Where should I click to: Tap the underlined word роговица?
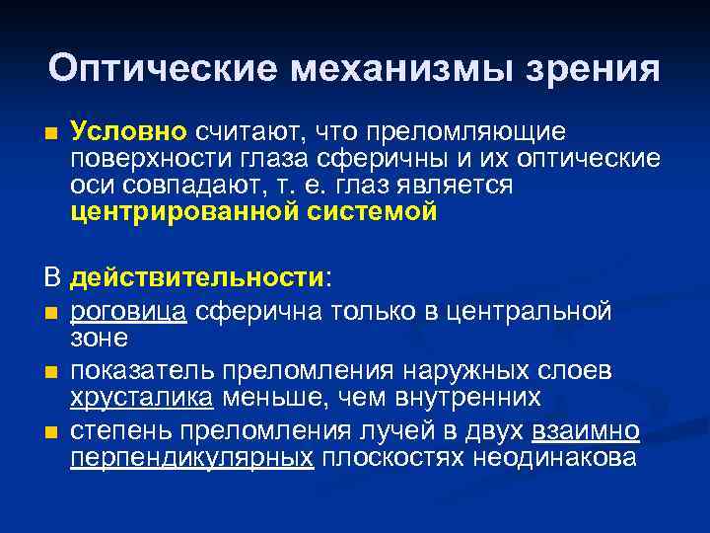click(129, 313)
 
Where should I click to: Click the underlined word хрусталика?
click(140, 397)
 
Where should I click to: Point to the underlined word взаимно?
click(586, 431)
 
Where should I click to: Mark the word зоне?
click(99, 338)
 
